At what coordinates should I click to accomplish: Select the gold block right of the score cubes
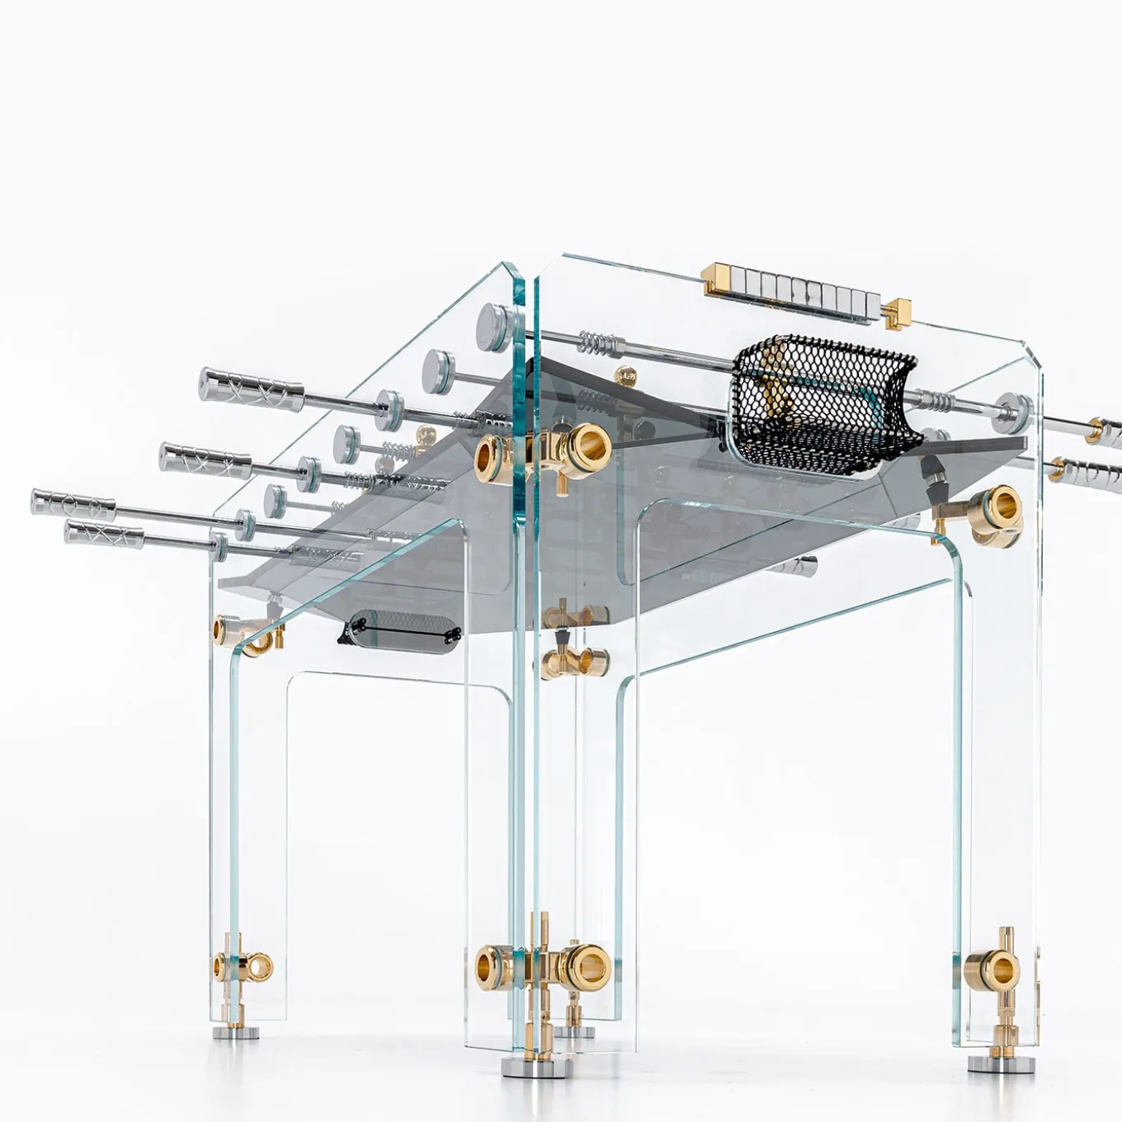898,312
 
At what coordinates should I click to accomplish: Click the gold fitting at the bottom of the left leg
242,965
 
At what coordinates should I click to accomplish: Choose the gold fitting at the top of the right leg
992,511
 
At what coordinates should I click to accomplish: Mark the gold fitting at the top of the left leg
243,632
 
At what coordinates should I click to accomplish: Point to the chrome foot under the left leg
236,1031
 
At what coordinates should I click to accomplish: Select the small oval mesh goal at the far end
401,632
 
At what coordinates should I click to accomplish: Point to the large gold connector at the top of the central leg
544,450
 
